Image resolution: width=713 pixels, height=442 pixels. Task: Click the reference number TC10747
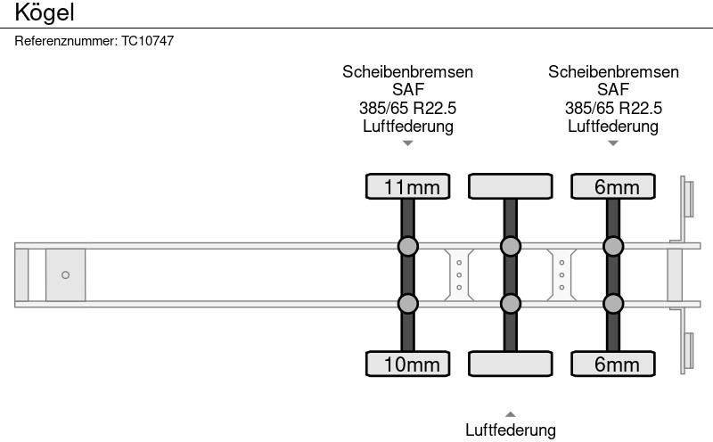pyautogui.click(x=147, y=41)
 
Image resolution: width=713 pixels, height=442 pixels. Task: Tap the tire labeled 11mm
pyautogui.click(x=408, y=186)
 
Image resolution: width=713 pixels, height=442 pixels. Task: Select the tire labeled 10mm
pyautogui.click(x=408, y=364)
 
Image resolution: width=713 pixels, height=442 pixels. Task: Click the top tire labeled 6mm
pyautogui.click(x=613, y=186)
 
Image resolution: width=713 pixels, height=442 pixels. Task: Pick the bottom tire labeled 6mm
pyautogui.click(x=613, y=364)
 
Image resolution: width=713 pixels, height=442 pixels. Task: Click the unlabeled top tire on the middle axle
pyautogui.click(x=511, y=186)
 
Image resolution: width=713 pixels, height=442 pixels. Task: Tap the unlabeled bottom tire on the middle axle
pyautogui.click(x=511, y=364)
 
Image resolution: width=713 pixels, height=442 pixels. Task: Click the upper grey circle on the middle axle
pyautogui.click(x=511, y=246)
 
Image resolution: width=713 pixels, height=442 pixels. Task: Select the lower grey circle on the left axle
pyautogui.click(x=408, y=304)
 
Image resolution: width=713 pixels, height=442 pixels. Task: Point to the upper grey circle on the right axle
pyautogui.click(x=613, y=246)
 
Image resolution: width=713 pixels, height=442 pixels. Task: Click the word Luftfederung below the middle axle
pyautogui.click(x=511, y=430)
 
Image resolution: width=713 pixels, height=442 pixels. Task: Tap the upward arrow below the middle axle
pyautogui.click(x=511, y=413)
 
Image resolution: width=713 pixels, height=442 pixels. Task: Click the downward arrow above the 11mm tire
pyautogui.click(x=408, y=143)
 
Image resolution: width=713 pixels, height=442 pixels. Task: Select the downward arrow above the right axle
pyautogui.click(x=613, y=143)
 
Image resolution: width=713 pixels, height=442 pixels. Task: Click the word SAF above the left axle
pyautogui.click(x=408, y=90)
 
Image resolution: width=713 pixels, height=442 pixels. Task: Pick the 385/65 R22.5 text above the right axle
pyautogui.click(x=613, y=108)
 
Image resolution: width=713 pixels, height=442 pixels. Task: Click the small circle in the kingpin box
pyautogui.click(x=65, y=274)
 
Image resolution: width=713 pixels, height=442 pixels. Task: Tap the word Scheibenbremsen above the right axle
pyautogui.click(x=613, y=72)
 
